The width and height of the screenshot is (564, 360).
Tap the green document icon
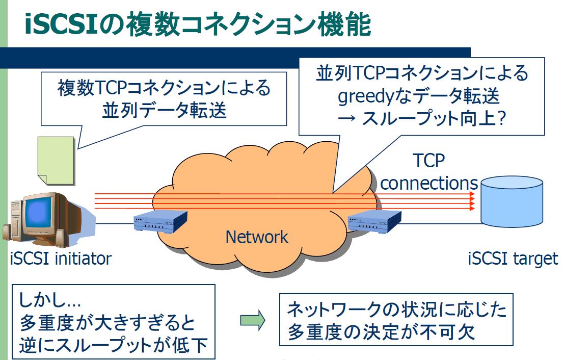[x=56, y=159]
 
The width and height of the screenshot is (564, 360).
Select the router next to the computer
[x=155, y=223]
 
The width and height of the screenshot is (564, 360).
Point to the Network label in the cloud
[x=257, y=237]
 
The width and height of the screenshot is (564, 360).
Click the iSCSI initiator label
[x=60, y=259]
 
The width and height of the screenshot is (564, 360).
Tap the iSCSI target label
[x=513, y=259]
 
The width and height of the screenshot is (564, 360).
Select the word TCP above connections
[x=428, y=161]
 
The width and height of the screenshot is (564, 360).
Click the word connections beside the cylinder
[x=429, y=183]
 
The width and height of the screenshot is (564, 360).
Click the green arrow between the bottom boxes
[x=253, y=320]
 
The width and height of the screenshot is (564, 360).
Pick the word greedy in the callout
[x=364, y=97]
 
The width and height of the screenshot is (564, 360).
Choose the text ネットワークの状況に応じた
[x=396, y=310]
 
